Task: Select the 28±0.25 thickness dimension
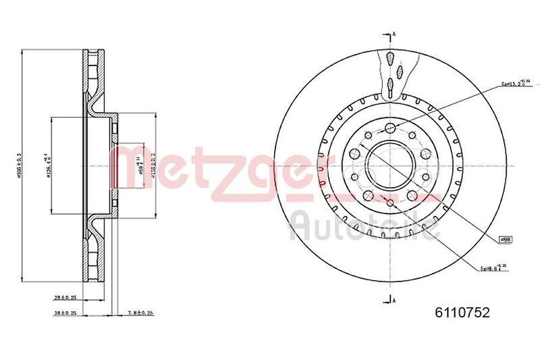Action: [65, 296]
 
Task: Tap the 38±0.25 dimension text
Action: [65, 313]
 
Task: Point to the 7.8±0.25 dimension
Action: [141, 313]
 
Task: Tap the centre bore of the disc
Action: [391, 165]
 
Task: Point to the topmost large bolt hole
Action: [391, 128]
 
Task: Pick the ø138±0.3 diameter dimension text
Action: [154, 164]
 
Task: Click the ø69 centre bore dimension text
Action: [140, 164]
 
